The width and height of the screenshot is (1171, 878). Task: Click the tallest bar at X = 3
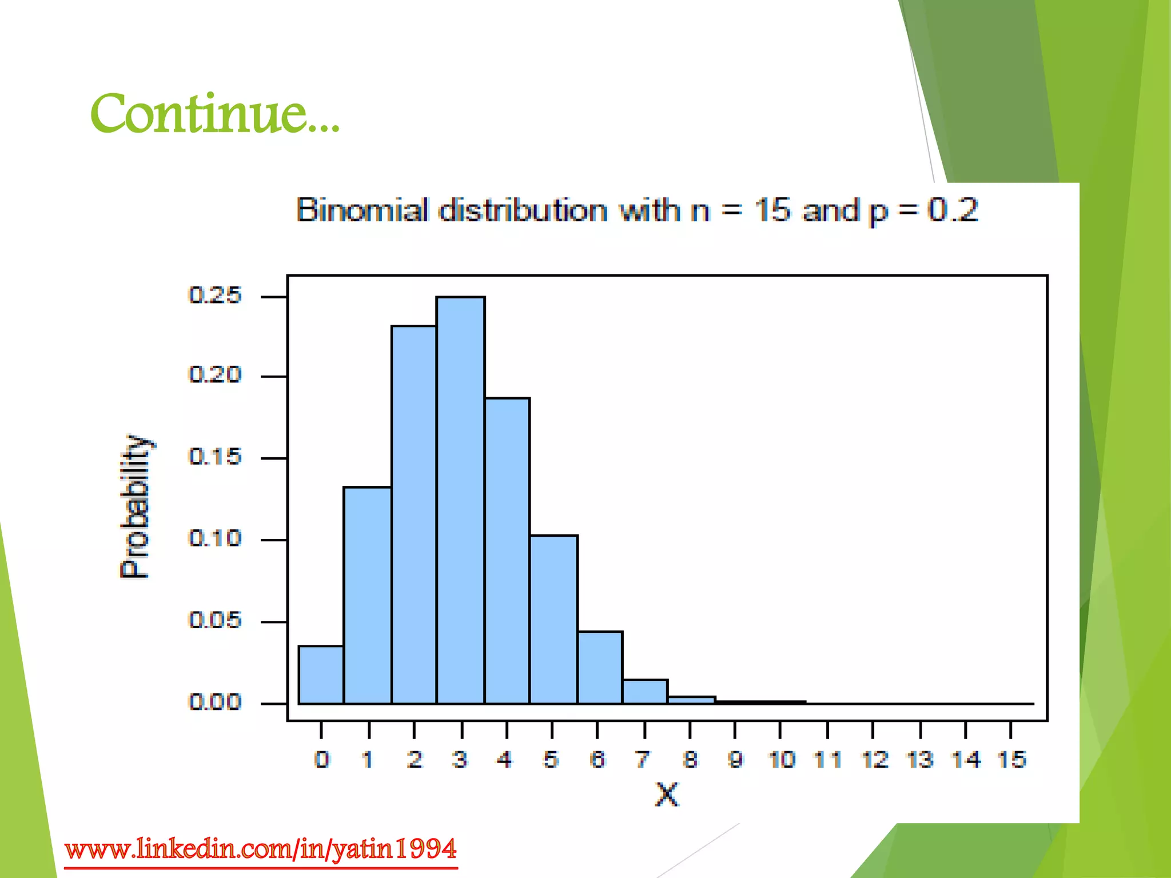(460, 500)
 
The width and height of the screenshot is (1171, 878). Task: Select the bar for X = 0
(321, 675)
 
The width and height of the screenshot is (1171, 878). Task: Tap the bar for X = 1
(367, 594)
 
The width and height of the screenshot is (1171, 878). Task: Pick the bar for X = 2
(413, 514)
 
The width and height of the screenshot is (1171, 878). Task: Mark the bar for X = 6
(600, 667)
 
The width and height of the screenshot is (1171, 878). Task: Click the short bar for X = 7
(645, 692)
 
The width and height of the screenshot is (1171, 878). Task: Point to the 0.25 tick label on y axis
(215, 296)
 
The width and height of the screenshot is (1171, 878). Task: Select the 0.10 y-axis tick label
(215, 538)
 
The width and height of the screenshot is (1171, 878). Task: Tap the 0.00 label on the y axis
(215, 702)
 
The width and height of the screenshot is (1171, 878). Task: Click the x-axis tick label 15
(1011, 760)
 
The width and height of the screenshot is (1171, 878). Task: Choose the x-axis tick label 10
(782, 760)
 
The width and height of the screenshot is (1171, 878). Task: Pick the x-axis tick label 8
(690, 760)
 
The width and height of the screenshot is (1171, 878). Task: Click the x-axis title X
(667, 795)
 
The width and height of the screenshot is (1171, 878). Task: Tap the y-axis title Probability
(136, 506)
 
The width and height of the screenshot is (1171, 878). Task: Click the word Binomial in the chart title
(362, 210)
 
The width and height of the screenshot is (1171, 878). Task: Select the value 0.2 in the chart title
(953, 210)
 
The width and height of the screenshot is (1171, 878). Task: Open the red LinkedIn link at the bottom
(261, 849)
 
